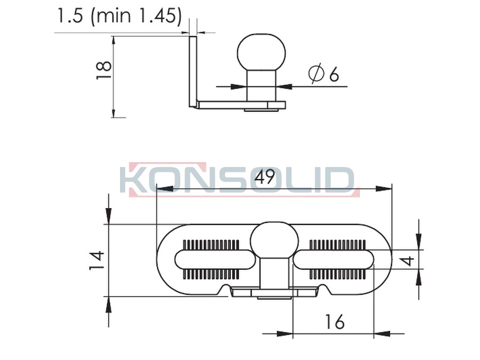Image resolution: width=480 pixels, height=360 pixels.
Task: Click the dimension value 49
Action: tap(265, 177)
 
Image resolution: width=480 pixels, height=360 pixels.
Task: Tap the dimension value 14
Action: tap(97, 260)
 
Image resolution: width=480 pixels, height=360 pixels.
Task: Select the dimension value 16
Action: tap(334, 322)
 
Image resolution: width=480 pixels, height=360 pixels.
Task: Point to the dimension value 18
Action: tap(103, 70)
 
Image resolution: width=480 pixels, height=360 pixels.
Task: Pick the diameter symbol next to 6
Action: tap(316, 74)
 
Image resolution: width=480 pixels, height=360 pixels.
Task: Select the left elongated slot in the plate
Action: tap(215, 259)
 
